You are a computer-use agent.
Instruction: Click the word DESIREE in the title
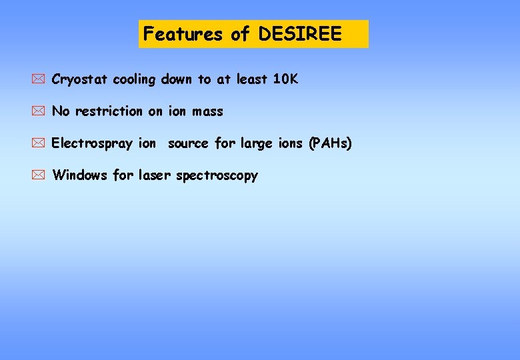click(x=299, y=34)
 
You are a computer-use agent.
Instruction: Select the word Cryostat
click(x=79, y=80)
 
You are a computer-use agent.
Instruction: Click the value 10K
click(x=285, y=79)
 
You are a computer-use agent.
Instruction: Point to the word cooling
click(x=133, y=80)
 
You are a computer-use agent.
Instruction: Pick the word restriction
click(x=109, y=111)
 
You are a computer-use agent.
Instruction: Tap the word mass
click(x=207, y=111)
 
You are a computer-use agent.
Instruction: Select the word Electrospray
click(x=92, y=144)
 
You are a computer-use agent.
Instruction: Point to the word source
click(x=189, y=143)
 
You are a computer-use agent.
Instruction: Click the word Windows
click(x=80, y=175)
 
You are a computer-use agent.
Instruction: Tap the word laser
click(x=155, y=175)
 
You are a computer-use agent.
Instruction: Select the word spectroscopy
click(x=217, y=176)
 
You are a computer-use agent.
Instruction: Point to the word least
click(x=251, y=79)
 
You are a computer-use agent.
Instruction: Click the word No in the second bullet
click(x=61, y=111)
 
